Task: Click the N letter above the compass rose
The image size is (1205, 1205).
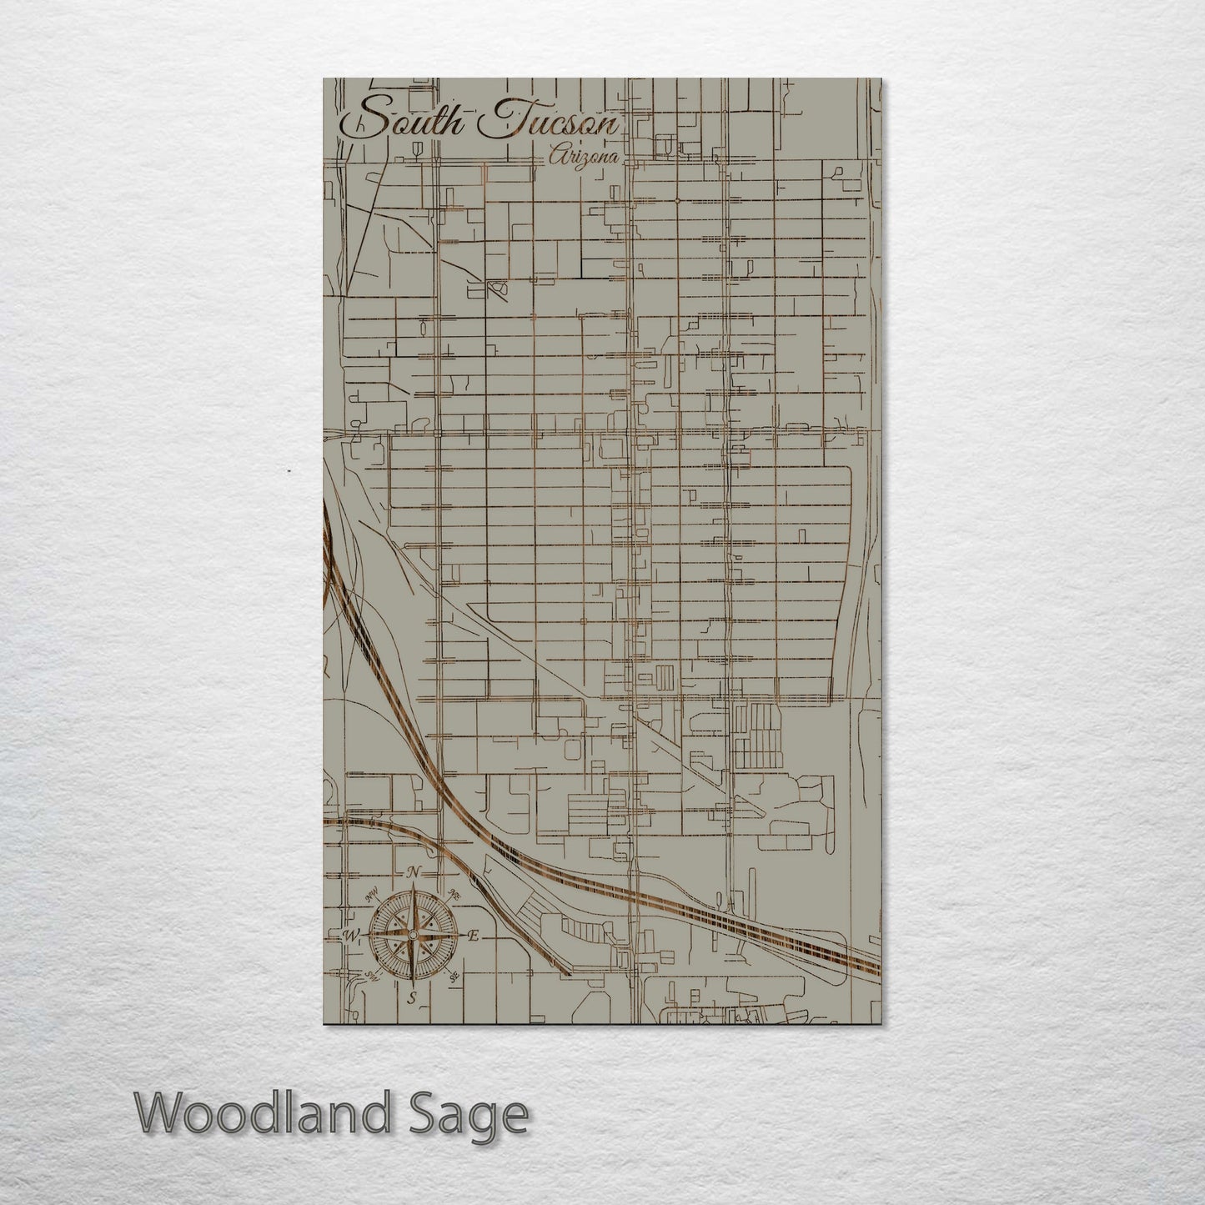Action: click(413, 872)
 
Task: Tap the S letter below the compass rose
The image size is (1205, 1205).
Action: click(411, 998)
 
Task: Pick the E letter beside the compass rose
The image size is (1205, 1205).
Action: click(473, 936)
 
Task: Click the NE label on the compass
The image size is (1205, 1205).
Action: click(454, 895)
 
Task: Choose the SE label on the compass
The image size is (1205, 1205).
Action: click(454, 976)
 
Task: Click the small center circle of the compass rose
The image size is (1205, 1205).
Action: click(411, 936)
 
